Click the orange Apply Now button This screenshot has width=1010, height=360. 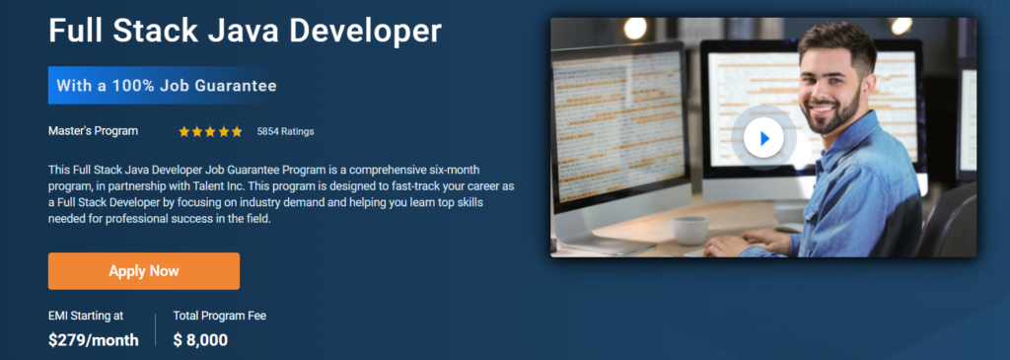coord(144,271)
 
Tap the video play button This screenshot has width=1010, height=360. coord(763,138)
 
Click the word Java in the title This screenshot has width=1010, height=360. coord(228,31)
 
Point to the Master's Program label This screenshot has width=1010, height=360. coord(94,131)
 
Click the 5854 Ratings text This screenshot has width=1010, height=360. coord(285,131)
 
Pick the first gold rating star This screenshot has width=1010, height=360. coord(184,131)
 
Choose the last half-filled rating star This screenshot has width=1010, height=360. coord(237,131)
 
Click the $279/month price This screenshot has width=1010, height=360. coord(94,340)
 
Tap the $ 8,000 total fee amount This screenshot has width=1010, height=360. coord(200,340)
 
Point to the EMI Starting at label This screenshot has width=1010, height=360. coord(86,316)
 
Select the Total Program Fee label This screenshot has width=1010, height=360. coord(220,316)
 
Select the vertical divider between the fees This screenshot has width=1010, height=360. coord(155,330)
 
